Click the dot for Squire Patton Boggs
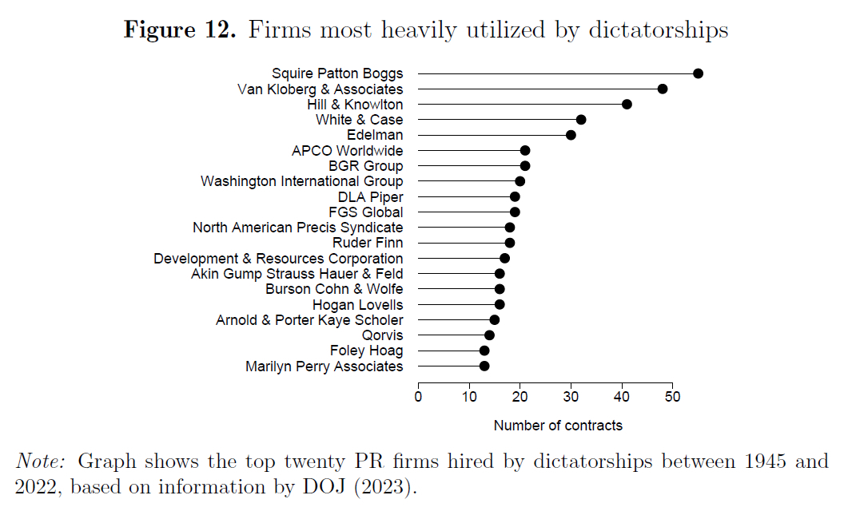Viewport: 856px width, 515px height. (x=698, y=73)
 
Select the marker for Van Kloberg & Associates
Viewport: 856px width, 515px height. (x=663, y=89)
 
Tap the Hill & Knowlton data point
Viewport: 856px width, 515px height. (x=627, y=105)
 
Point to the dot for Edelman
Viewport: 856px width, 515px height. (x=571, y=135)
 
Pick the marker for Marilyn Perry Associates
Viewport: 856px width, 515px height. (x=484, y=366)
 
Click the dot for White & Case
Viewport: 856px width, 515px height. (x=581, y=120)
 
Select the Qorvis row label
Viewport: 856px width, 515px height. (x=383, y=335)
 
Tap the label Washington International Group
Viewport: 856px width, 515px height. (x=301, y=181)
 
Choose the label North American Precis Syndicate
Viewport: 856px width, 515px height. (x=297, y=228)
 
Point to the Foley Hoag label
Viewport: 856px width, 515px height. (x=366, y=351)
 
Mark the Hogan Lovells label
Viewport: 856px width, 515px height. (x=357, y=304)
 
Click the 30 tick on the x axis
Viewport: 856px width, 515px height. (x=571, y=398)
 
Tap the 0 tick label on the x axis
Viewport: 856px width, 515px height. (x=418, y=398)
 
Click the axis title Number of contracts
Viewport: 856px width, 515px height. (x=558, y=426)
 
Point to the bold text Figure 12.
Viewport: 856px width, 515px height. (x=180, y=30)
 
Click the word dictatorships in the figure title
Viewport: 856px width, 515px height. (x=659, y=30)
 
